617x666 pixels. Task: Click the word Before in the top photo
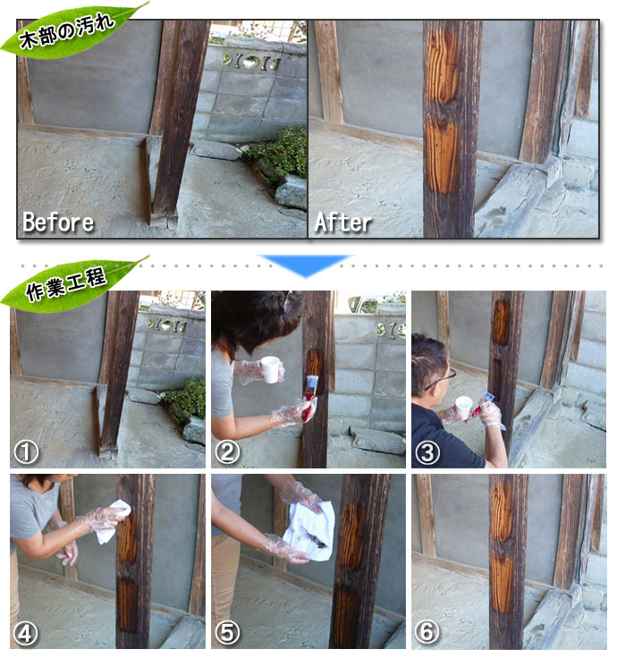coord(58,222)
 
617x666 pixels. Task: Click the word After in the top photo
coord(342,222)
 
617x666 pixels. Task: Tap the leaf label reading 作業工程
coord(68,283)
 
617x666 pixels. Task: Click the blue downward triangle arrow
coord(306,266)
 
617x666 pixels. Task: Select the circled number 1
coord(26,452)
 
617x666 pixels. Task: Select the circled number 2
coord(227,452)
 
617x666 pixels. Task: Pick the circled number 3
coord(427,452)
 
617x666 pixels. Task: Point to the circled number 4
coord(26,633)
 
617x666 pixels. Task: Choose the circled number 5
coord(227,633)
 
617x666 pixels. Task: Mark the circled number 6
coord(427,633)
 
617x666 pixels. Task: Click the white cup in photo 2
coord(271,369)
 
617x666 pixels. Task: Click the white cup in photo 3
coord(463,408)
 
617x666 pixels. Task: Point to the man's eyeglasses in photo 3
coord(442,379)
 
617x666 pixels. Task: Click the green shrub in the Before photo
coord(282,152)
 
